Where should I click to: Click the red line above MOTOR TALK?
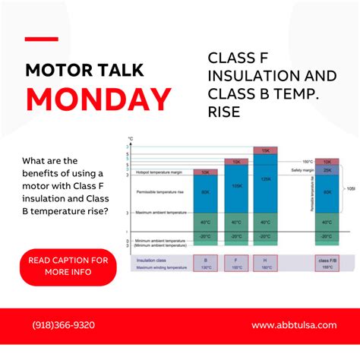pyautogui.click(x=41, y=38)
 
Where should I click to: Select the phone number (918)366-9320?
pyautogui.click(x=64, y=325)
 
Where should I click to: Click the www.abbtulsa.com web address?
pyautogui.click(x=293, y=325)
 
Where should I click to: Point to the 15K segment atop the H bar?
pyautogui.click(x=265, y=151)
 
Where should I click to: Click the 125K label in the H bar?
pyautogui.click(x=265, y=179)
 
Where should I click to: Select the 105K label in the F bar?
pyautogui.click(x=236, y=186)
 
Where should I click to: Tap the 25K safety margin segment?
pyautogui.click(x=327, y=171)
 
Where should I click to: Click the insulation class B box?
pyautogui.click(x=205, y=264)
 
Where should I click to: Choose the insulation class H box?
pyautogui.click(x=265, y=264)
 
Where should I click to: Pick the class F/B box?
pyautogui.click(x=327, y=264)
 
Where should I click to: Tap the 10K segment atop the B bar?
pyautogui.click(x=206, y=172)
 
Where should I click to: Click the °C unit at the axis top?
pyautogui.click(x=131, y=139)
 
